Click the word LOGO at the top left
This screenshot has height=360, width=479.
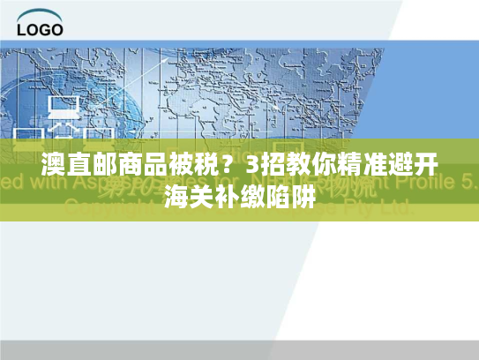click(41, 29)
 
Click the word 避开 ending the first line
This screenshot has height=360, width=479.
click(407, 166)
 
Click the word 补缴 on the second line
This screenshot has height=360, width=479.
click(240, 195)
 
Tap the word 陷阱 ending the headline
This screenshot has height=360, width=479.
click(289, 195)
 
